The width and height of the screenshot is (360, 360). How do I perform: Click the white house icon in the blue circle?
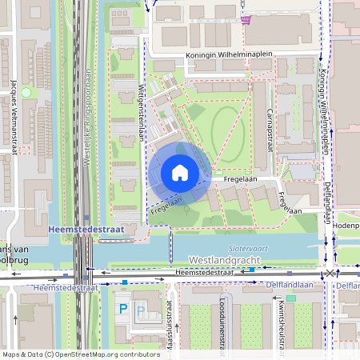[x=179, y=173]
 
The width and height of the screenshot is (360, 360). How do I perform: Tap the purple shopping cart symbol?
[x=249, y=19]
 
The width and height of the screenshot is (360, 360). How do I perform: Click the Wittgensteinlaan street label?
[x=141, y=113]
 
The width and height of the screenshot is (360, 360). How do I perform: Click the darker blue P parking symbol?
[x=122, y=308]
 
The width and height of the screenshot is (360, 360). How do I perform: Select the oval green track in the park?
[x=227, y=129]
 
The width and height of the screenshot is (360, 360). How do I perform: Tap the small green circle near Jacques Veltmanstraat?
[x=26, y=93]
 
